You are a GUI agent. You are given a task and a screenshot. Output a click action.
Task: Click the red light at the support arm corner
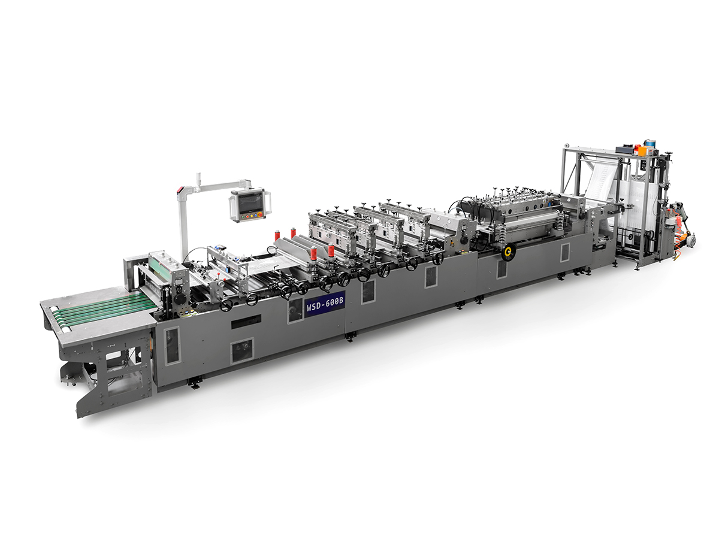[x=178, y=191]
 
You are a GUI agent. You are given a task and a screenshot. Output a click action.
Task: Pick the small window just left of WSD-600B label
[x=295, y=310]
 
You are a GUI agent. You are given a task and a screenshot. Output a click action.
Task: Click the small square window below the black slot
[x=243, y=350]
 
